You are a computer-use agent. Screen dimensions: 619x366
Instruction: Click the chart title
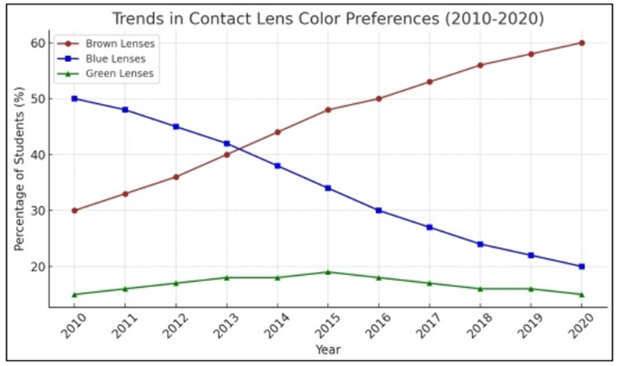point(328,18)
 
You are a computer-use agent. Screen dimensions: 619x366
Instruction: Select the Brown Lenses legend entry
point(105,43)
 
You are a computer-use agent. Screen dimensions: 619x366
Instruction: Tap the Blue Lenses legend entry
point(102,59)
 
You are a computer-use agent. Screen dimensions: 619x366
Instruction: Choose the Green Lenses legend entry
point(105,74)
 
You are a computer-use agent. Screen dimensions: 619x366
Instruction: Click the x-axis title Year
point(328,349)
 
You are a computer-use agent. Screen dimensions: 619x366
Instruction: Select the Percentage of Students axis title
point(19,169)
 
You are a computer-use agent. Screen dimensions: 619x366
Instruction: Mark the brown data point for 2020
point(582,43)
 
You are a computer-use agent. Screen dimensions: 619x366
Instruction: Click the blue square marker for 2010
point(74,99)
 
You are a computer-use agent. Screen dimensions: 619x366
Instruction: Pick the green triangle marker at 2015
point(328,272)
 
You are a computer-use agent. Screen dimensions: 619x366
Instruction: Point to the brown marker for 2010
point(74,211)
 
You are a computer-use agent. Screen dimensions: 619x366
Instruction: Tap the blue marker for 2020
point(582,267)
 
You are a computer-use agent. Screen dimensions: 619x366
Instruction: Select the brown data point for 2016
point(379,99)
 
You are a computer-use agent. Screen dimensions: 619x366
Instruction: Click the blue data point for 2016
point(379,211)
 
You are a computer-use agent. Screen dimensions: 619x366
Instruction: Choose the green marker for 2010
point(74,295)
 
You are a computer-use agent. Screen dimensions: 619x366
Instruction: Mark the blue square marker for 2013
point(227,143)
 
